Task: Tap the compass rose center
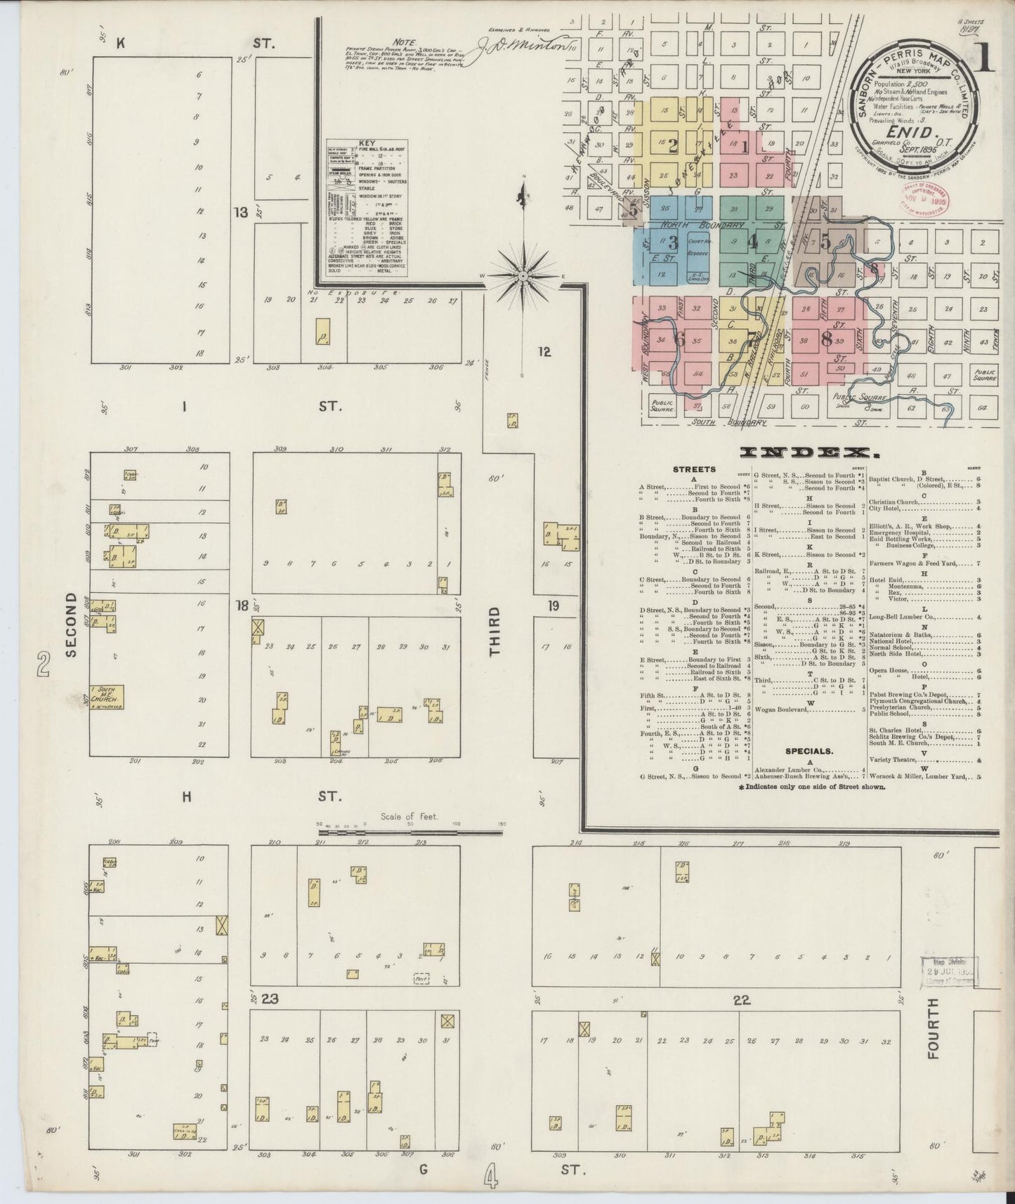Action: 523,277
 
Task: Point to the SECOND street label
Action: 70,624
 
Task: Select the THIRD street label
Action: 496,632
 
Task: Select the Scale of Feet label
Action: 410,816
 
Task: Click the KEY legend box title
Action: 367,143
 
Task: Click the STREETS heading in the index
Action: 694,469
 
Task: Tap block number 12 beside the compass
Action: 544,352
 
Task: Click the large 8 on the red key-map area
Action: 826,339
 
